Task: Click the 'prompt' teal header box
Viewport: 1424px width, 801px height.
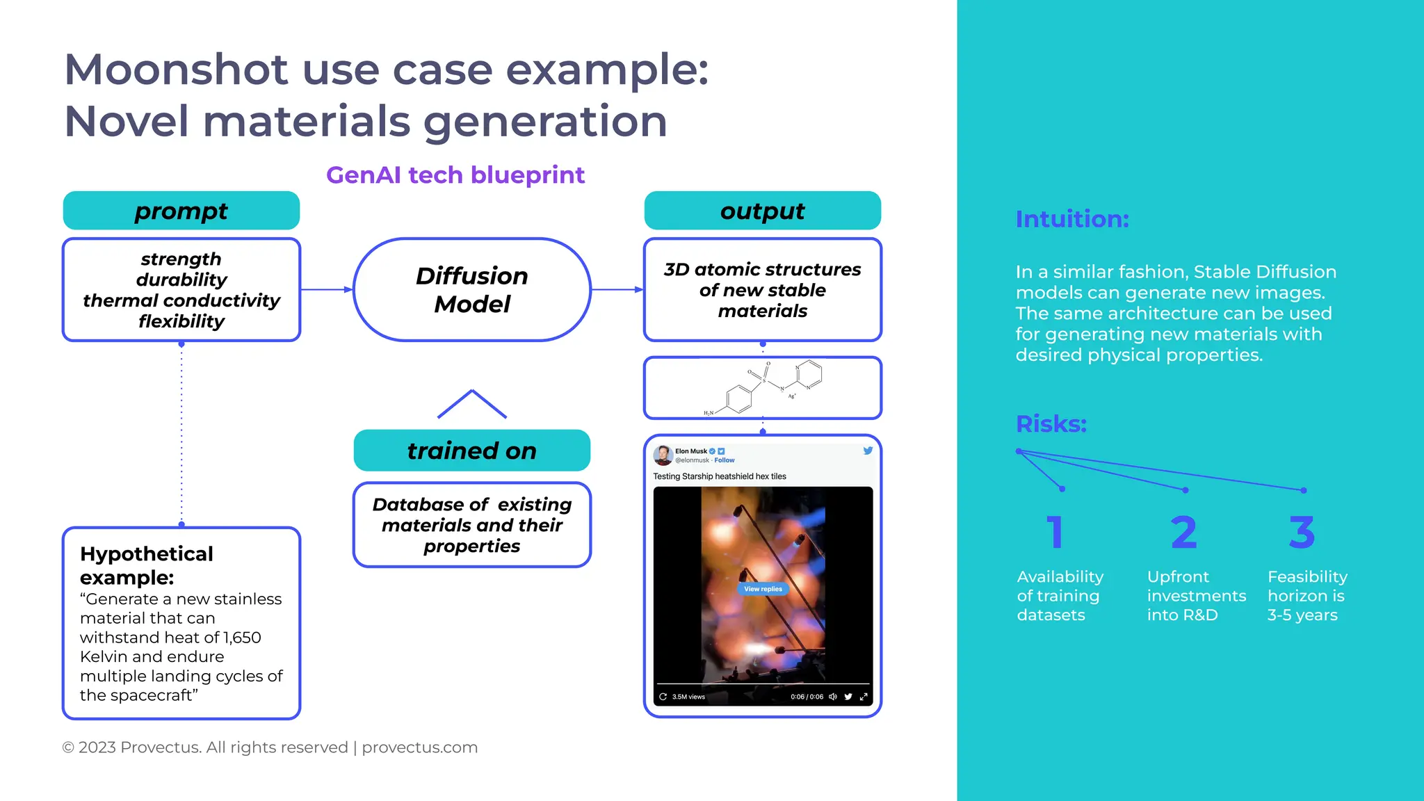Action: point(181,211)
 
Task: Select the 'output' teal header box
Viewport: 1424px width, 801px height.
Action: point(762,211)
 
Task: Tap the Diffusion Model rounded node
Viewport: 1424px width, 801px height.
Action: point(471,290)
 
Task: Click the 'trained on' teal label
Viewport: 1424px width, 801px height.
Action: point(471,451)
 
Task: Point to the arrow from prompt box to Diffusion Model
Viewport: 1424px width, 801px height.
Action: point(327,289)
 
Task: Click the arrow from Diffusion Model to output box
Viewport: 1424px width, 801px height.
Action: point(617,289)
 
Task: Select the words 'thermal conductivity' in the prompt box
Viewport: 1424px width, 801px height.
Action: point(181,300)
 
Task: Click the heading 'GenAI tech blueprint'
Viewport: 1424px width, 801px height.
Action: point(455,175)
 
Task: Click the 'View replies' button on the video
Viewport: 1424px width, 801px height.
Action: point(763,589)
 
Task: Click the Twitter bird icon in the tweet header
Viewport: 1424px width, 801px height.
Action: point(868,451)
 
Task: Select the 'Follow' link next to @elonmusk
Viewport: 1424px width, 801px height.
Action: point(724,460)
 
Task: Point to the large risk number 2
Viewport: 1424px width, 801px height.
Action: point(1183,533)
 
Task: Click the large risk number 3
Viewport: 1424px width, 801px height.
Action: point(1302,533)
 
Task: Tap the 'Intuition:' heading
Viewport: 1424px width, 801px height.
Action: point(1071,219)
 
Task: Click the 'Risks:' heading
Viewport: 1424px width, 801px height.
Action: point(1051,423)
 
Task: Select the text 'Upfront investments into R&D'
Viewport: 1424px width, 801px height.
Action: point(1196,596)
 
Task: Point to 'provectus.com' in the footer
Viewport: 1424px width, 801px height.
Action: point(419,747)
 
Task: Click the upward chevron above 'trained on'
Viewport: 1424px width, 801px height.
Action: point(471,403)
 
